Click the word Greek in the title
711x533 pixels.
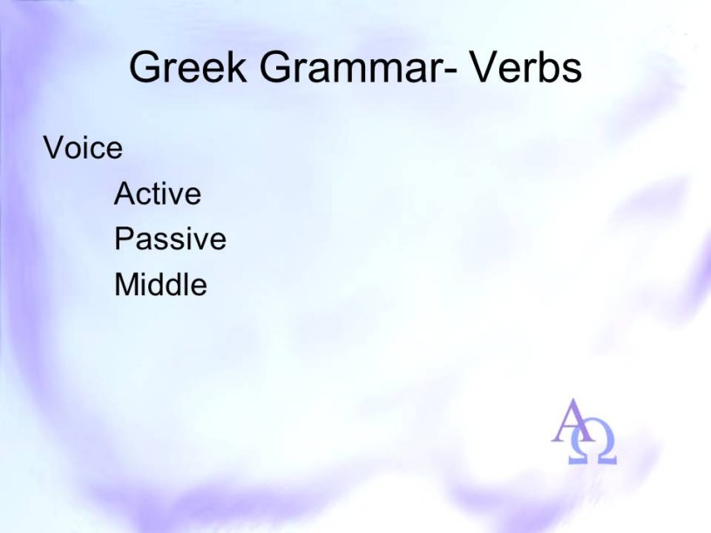coord(188,67)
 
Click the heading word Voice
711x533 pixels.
coord(83,148)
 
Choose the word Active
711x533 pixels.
coord(158,193)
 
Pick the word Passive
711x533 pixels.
coord(170,239)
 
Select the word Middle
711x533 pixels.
coord(160,284)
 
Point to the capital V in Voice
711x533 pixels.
coord(54,148)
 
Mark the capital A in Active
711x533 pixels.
coord(125,193)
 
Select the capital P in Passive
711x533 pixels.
coord(124,239)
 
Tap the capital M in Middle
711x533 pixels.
coord(126,284)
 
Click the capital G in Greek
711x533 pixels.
coord(145,67)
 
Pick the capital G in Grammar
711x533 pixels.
coord(275,67)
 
